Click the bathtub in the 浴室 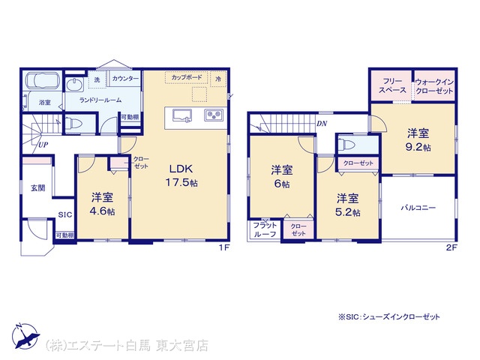(41, 80)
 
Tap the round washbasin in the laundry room (74, 84)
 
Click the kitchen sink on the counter (182, 115)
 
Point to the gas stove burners (214, 115)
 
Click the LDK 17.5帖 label (181, 175)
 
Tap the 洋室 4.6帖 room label (102, 204)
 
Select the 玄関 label (38, 188)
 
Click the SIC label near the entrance (65, 215)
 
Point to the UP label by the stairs (43, 145)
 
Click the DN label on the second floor (322, 124)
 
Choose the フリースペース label (392, 85)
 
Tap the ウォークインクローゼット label (434, 86)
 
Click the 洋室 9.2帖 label (418, 140)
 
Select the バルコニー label (418, 208)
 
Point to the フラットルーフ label (265, 230)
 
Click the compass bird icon (26, 336)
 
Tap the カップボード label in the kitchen (187, 77)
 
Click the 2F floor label (451, 247)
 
